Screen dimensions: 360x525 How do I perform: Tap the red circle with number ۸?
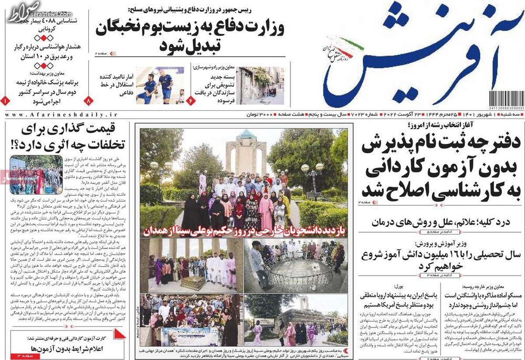coord(89,99)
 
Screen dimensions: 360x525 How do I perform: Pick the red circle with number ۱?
coord(5,99)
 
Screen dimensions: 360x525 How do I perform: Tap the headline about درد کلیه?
coord(441,222)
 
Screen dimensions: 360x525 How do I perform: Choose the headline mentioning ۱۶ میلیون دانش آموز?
coord(441,260)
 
